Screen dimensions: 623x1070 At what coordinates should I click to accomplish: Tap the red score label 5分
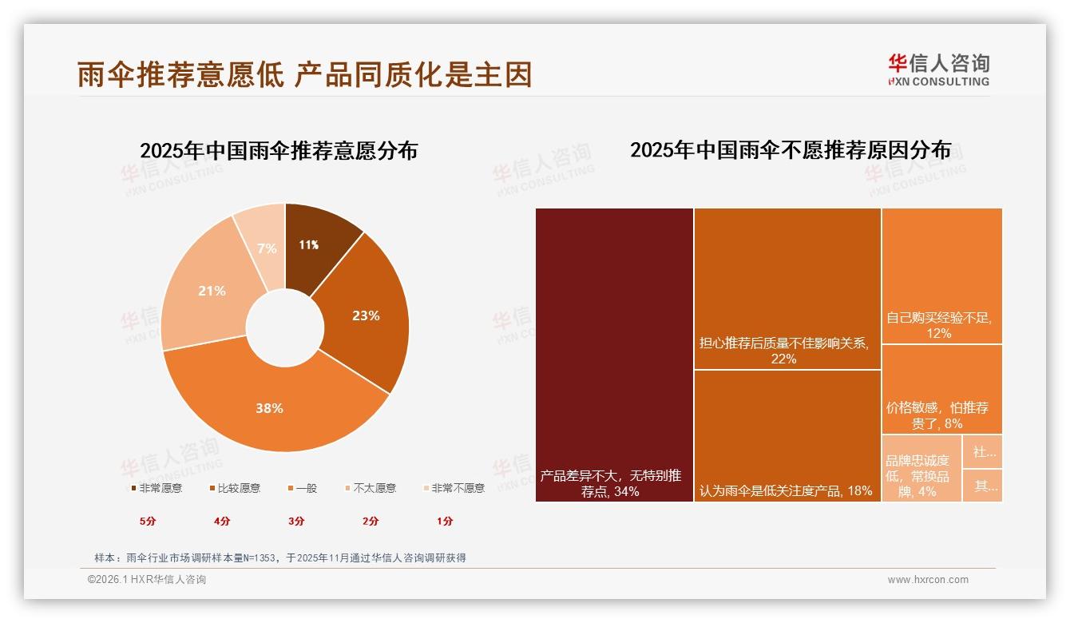(148, 521)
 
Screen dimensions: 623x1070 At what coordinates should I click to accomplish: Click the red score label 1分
(445, 521)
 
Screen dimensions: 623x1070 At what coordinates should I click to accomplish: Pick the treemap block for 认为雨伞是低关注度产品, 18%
(787, 435)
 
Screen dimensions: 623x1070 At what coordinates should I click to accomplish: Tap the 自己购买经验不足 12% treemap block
(941, 276)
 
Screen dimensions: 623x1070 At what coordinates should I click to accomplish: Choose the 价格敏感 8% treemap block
(941, 389)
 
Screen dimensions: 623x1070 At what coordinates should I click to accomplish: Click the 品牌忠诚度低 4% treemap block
(921, 468)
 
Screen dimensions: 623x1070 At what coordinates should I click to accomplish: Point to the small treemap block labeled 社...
(982, 452)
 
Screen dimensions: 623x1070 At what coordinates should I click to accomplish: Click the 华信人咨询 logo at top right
(938, 69)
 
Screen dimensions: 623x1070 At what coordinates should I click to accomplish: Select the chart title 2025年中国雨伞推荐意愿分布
(279, 151)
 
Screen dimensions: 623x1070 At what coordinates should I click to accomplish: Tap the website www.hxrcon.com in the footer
(928, 580)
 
